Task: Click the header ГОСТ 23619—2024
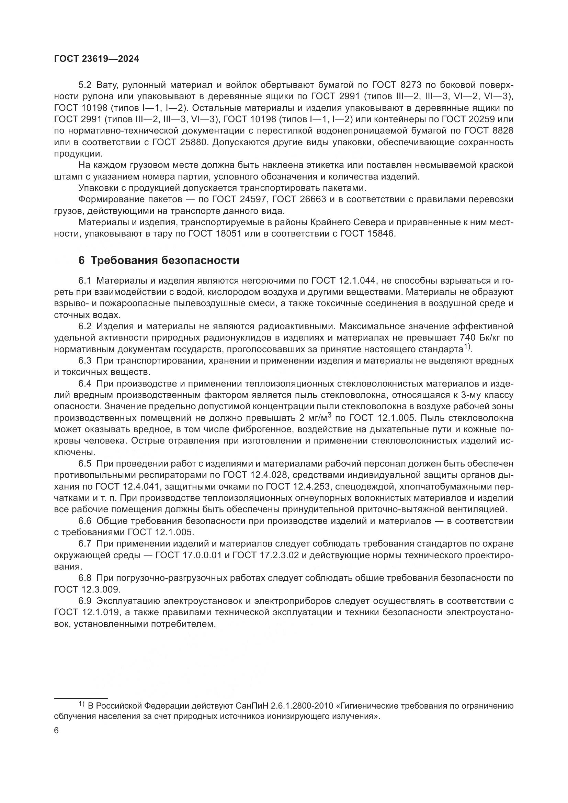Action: pos(96,59)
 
